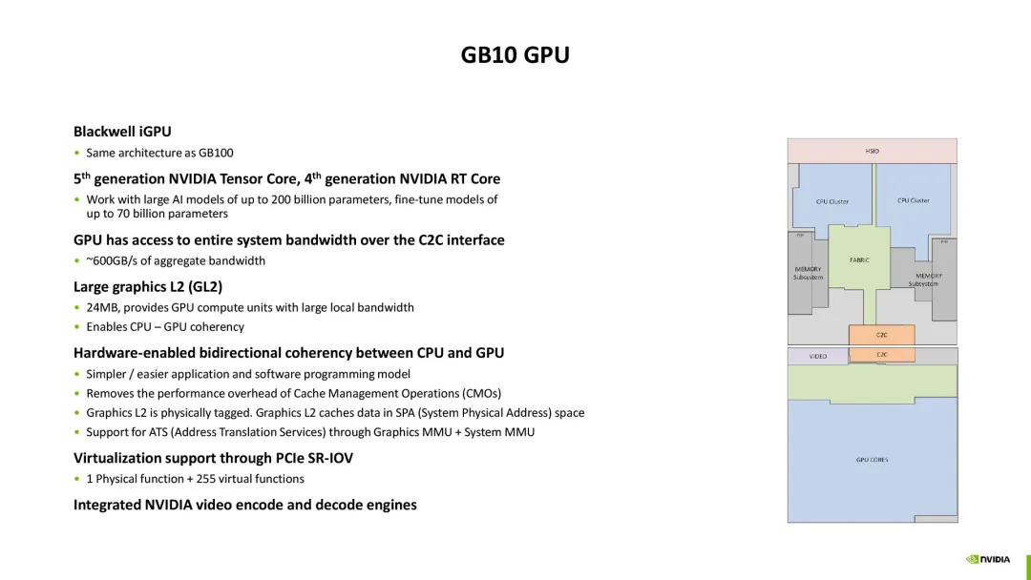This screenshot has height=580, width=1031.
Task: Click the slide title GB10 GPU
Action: coord(515,55)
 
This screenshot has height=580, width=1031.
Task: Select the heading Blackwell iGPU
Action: coord(122,132)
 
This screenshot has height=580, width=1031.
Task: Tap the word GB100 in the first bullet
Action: coord(216,153)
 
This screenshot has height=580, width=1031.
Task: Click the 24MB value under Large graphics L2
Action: coord(101,307)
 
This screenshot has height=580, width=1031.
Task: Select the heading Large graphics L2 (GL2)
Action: coord(148,286)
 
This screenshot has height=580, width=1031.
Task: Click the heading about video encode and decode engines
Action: coord(245,505)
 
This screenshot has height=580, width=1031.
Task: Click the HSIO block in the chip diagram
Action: coord(872,151)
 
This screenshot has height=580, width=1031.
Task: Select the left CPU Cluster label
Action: coord(831,201)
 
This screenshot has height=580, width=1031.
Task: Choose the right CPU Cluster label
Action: coord(913,200)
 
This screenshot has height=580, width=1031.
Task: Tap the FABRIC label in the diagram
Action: coord(858,259)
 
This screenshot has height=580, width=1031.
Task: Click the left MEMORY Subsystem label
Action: coord(808,273)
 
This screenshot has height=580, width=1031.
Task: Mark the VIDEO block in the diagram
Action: coord(817,357)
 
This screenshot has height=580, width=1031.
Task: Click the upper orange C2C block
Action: coord(881,335)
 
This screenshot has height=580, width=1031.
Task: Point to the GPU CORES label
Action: coord(872,460)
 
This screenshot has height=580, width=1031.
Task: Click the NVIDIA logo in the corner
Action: coord(988,559)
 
